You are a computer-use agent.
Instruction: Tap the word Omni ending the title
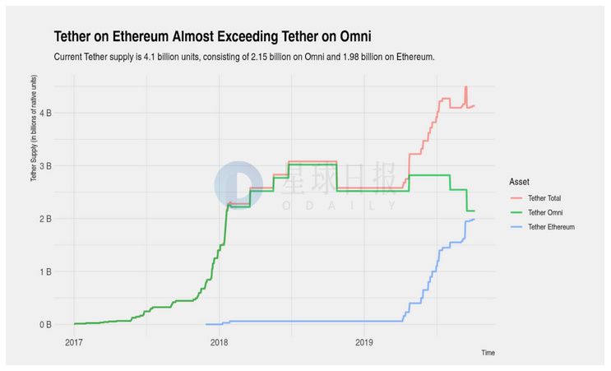[x=354, y=36]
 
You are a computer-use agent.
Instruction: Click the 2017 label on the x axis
[x=74, y=341]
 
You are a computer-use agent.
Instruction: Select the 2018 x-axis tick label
[x=219, y=341]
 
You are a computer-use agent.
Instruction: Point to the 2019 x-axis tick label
[x=363, y=341]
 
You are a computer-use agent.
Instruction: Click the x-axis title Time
[x=488, y=352]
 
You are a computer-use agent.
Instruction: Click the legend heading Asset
[x=519, y=181]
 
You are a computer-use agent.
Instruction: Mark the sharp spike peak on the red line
[x=465, y=87]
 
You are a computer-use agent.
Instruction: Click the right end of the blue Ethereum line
[x=474, y=219]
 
